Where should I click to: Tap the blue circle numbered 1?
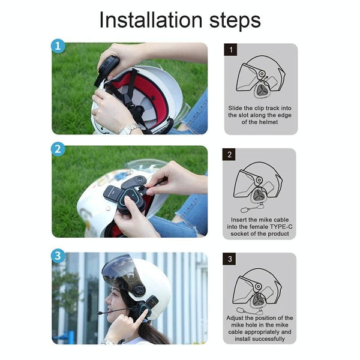click(58, 47)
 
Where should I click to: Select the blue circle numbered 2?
click(58, 149)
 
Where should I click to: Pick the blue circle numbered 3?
click(58, 256)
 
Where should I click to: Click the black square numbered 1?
click(230, 50)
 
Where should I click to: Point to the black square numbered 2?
click(230, 155)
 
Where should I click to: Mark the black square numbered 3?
click(230, 260)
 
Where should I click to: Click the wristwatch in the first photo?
click(128, 128)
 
